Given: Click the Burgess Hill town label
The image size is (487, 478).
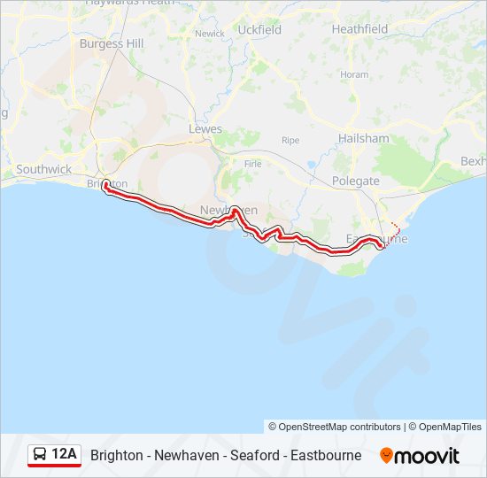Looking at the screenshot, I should click(112, 42).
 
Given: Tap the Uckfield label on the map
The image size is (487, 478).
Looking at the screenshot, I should click(260, 29).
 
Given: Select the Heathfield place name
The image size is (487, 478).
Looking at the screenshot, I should click(359, 29).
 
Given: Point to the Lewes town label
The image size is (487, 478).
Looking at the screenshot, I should click(206, 129).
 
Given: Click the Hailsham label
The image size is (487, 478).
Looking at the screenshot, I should click(363, 139).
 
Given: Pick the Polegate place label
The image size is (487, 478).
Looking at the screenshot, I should click(355, 181).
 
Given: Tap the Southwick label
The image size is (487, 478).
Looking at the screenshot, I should click(43, 168).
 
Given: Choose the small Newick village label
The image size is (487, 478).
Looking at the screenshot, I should click(210, 34).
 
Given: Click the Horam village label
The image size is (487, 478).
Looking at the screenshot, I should click(354, 74).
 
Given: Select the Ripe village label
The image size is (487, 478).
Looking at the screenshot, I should click(290, 140).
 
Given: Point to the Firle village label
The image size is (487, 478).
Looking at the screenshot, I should click(252, 164).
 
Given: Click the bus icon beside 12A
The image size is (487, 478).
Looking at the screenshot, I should click(40, 455).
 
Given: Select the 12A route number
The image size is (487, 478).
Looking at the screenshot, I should click(65, 455).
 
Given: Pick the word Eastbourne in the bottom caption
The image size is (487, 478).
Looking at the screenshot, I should click(325, 455).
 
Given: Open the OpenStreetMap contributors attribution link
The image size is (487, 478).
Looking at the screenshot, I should click(335, 427).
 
